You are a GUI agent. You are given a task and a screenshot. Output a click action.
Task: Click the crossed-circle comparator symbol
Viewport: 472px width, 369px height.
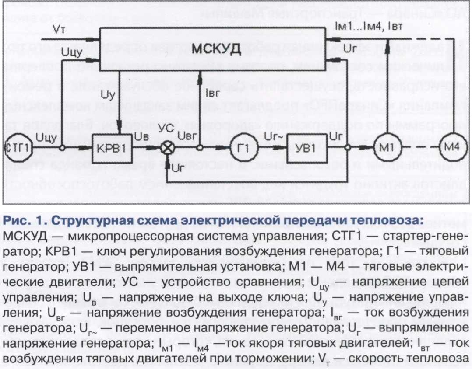166,148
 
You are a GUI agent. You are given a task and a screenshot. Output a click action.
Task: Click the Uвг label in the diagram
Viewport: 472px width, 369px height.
191,136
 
